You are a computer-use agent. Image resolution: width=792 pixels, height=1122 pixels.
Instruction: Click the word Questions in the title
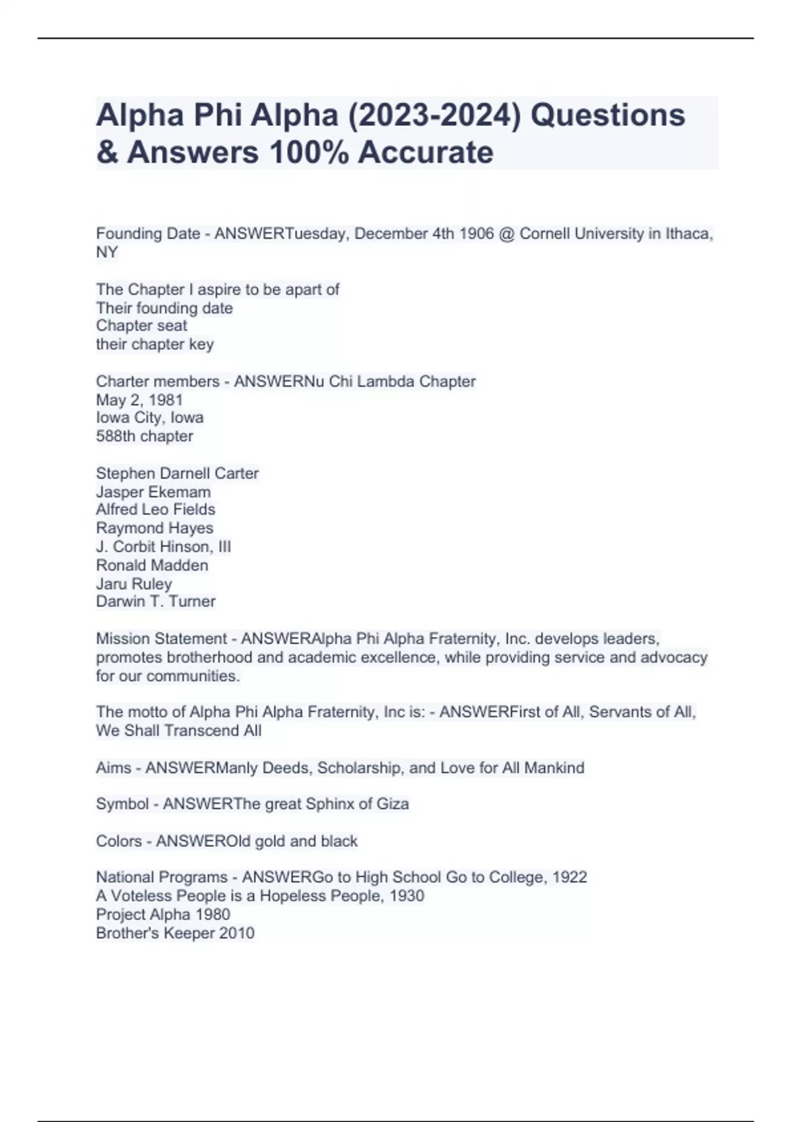[608, 115]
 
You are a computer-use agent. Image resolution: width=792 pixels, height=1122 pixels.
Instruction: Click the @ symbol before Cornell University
[507, 234]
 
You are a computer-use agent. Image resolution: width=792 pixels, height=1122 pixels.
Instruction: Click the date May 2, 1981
[139, 400]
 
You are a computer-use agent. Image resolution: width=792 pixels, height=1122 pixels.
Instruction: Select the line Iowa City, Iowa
[150, 418]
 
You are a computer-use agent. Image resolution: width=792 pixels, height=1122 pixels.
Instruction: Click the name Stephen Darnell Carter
[177, 473]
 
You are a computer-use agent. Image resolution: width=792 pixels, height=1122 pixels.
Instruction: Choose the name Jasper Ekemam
[153, 492]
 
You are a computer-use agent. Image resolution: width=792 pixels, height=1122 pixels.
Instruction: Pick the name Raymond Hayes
[154, 528]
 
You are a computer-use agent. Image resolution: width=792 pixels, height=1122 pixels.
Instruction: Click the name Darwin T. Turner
[156, 601]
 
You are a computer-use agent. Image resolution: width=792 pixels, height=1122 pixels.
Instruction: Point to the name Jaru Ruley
[134, 583]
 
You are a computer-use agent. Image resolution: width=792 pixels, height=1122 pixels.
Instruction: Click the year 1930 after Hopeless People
[407, 896]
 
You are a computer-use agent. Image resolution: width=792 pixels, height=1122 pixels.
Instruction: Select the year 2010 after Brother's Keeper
[238, 933]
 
